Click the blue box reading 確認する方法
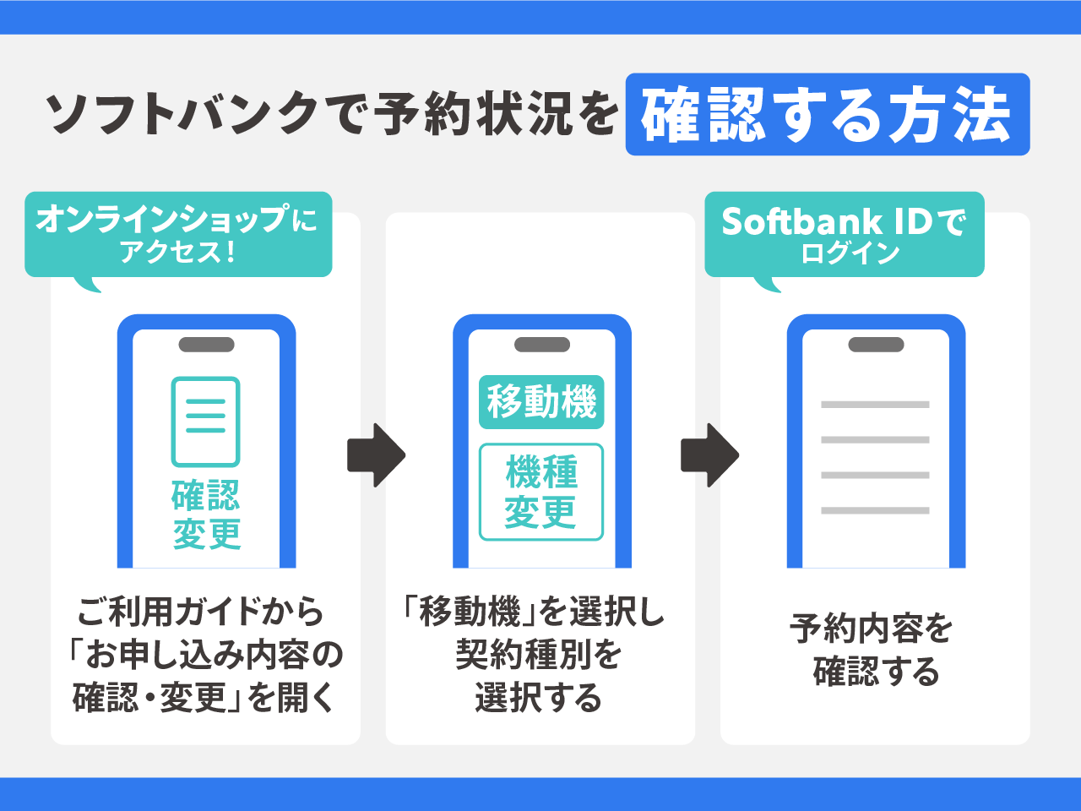click(828, 115)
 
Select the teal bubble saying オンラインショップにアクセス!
click(177, 234)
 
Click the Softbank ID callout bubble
click(845, 234)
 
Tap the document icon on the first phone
click(205, 422)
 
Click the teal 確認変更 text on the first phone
click(206, 514)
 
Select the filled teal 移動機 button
click(541, 401)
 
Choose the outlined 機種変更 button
click(541, 492)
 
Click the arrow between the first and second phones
click(376, 455)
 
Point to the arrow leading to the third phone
click(709, 455)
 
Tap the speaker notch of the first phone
click(206, 345)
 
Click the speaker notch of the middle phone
click(541, 345)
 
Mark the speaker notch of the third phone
click(876, 345)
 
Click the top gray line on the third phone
click(875, 405)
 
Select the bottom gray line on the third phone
click(875, 510)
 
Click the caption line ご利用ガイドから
click(201, 612)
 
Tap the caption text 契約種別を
click(539, 655)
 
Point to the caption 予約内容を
click(872, 629)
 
